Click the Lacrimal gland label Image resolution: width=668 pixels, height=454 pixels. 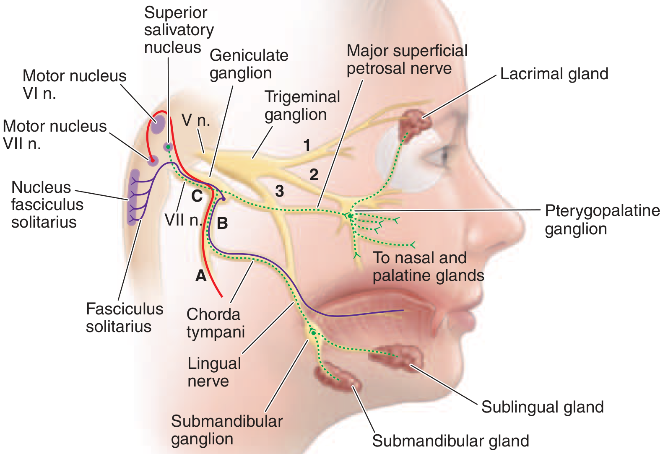[554, 74]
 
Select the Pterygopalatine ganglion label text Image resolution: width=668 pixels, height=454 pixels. [602, 220]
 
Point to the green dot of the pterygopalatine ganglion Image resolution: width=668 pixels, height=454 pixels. [350, 216]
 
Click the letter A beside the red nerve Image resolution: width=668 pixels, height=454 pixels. [201, 275]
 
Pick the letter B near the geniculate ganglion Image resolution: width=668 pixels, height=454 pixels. [222, 223]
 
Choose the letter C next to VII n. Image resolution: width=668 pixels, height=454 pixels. [197, 196]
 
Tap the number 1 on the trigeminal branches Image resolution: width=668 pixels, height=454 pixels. [307, 145]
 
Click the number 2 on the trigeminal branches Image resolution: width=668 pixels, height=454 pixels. [314, 175]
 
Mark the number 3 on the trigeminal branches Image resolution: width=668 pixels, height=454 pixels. [280, 191]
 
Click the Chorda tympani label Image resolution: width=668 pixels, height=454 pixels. [215, 323]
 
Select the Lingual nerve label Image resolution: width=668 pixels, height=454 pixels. [214, 372]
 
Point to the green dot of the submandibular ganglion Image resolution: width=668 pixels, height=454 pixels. [313, 333]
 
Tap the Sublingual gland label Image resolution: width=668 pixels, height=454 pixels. [542, 407]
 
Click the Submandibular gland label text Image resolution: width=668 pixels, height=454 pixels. [450, 441]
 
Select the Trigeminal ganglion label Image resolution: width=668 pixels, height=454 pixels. [302, 106]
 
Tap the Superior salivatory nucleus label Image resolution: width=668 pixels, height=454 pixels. [179, 30]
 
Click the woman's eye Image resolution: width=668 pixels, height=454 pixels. [436, 158]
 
